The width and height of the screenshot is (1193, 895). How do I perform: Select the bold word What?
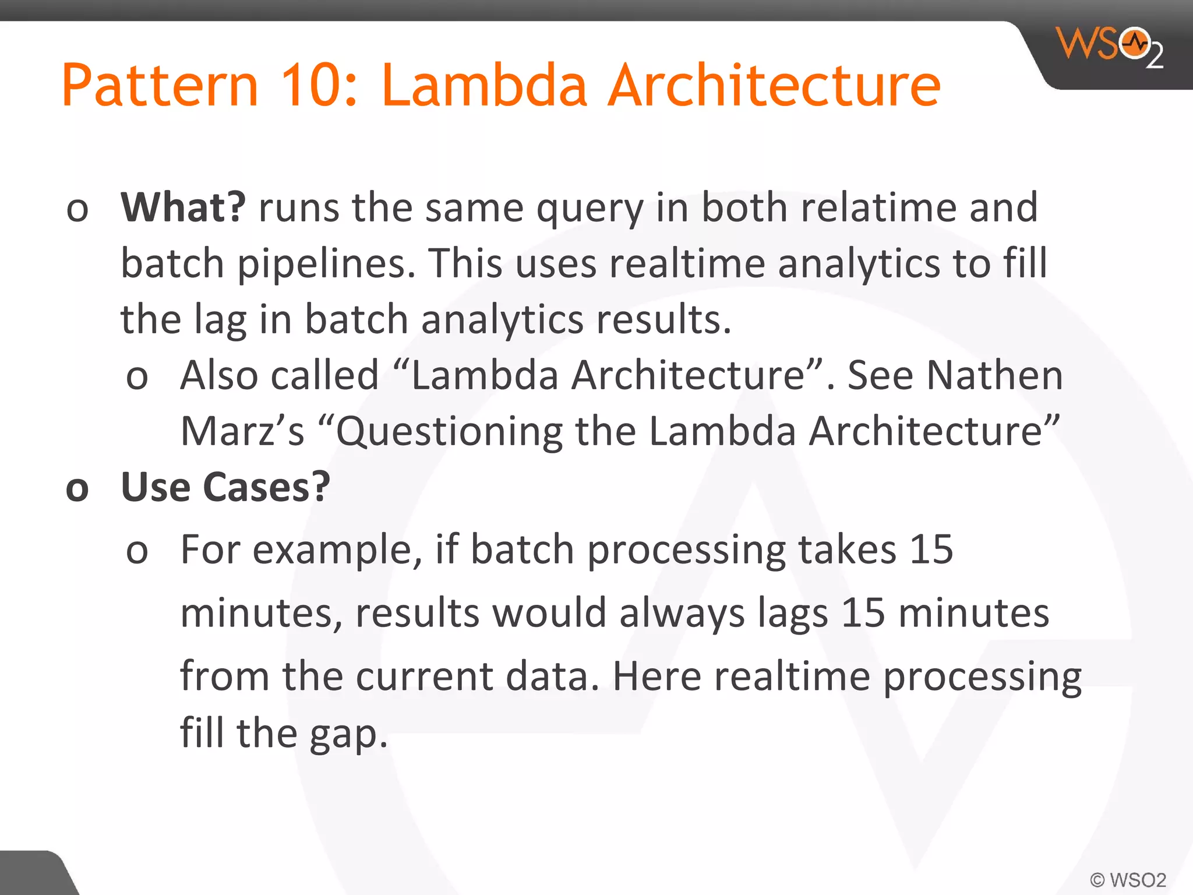183,207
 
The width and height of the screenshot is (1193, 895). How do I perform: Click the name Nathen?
994,375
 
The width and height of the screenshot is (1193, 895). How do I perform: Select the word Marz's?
242,431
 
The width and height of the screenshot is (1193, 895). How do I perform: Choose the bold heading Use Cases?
225,487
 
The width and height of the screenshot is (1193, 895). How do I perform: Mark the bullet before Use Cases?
77,489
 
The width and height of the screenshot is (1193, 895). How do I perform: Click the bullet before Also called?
137,378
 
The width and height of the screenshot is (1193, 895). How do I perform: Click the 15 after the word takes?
931,549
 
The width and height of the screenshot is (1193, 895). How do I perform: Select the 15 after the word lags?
863,613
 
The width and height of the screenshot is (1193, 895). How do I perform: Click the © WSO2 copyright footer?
1128,880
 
